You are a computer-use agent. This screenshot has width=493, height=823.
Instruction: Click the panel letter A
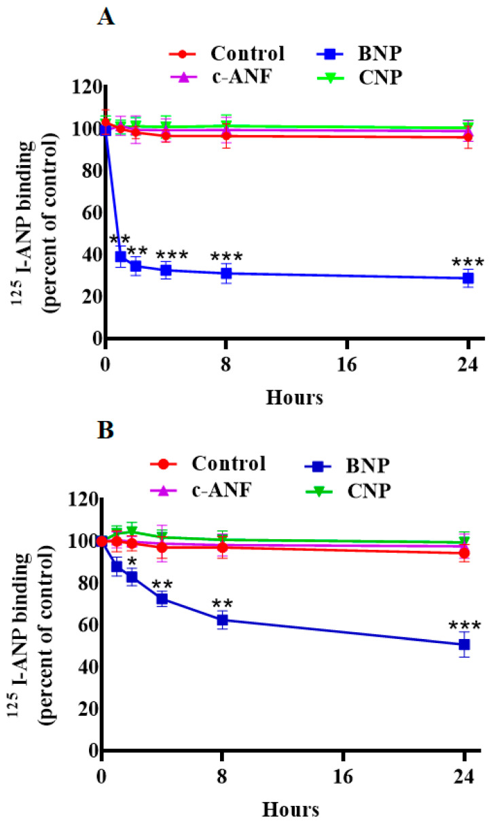click(106, 16)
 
